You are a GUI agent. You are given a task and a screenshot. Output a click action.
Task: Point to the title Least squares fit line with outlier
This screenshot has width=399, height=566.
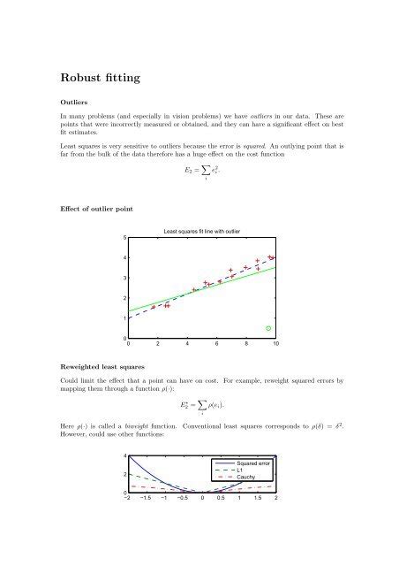pos(203,233)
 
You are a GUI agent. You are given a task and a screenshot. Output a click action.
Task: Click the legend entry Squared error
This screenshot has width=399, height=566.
pos(253,461)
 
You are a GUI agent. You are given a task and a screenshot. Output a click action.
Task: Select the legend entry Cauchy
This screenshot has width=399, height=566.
pos(247,477)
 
